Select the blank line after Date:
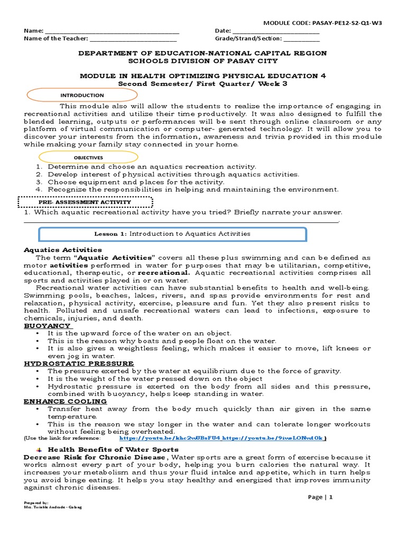tap(276, 32)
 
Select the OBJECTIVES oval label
tap(88, 157)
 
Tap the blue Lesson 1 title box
tap(172, 234)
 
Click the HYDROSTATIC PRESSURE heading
tap(79, 363)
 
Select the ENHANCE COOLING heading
tap(65, 401)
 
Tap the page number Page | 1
tap(321, 497)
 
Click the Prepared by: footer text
tap(36, 502)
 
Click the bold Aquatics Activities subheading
tap(63, 249)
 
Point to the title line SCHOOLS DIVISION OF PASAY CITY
tap(203, 61)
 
